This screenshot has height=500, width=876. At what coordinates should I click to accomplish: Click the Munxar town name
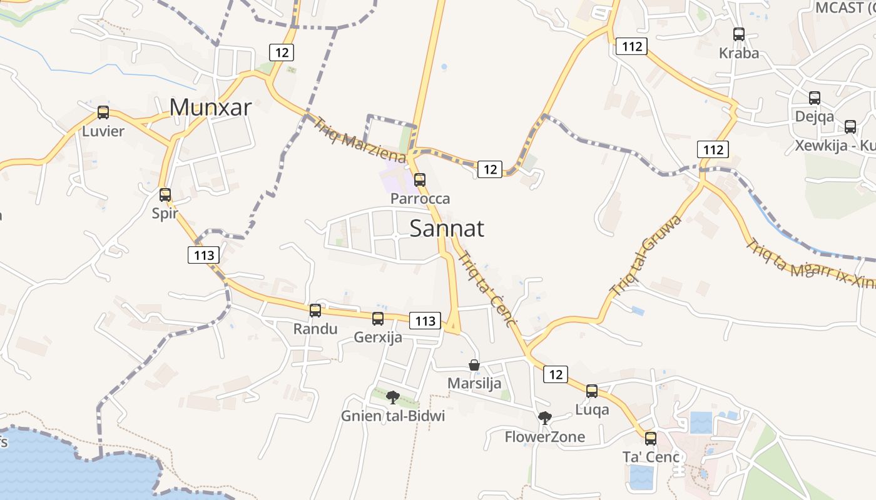tap(210, 107)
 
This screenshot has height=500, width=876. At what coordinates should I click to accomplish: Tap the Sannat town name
tap(447, 229)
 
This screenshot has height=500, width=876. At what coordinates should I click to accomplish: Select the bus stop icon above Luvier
tap(103, 112)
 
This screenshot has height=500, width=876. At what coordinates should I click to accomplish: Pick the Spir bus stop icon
tap(165, 194)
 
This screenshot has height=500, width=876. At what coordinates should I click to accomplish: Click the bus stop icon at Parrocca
tap(420, 180)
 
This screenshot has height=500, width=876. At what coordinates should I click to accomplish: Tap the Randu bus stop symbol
tap(315, 310)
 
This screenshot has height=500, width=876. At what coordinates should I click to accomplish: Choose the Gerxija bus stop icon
tap(378, 319)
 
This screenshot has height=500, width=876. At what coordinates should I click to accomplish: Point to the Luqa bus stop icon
tap(592, 391)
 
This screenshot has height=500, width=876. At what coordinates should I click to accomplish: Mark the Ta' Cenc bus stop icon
tap(651, 438)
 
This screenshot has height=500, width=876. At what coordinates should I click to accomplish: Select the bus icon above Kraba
tap(739, 34)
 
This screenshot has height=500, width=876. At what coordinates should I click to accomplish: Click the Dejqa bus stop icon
tap(815, 98)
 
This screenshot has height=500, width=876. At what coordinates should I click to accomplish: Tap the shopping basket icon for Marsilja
tap(474, 365)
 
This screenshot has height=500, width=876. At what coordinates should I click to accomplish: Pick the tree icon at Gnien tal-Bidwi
tap(393, 397)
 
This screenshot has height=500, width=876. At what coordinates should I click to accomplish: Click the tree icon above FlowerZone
tap(545, 417)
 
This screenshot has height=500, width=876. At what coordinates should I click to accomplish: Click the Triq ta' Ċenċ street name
tap(488, 289)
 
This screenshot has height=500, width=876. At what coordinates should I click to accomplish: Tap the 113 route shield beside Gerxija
tap(425, 321)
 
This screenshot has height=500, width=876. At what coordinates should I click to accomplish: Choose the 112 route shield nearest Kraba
tap(631, 46)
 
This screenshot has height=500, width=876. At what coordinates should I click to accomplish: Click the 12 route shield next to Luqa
tap(556, 374)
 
